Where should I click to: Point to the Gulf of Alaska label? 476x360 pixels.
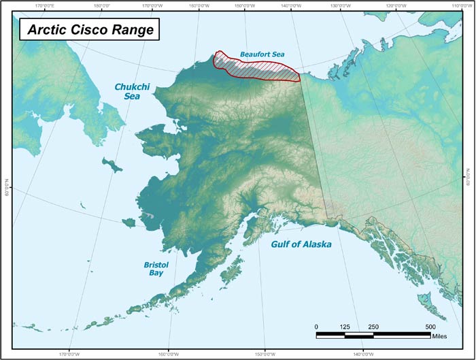(x=301, y=243)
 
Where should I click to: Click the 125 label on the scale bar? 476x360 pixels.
(x=345, y=327)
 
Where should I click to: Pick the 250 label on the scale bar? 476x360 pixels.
(x=373, y=327)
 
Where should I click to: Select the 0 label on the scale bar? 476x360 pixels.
(x=316, y=327)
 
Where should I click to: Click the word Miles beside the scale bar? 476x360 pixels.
(x=440, y=336)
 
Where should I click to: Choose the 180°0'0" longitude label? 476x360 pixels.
(x=102, y=5)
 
